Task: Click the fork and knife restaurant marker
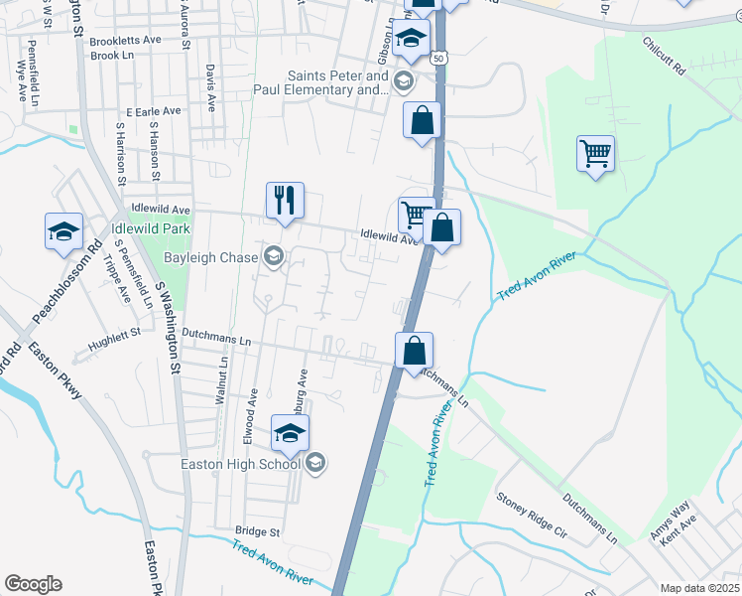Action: [x=285, y=200]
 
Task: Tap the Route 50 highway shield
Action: [x=437, y=60]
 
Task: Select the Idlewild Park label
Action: [x=151, y=227]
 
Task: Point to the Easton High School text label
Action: [x=240, y=463]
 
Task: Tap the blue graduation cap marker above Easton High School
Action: [x=290, y=433]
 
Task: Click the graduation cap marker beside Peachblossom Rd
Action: [x=64, y=231]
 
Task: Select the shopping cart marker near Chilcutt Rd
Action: [x=595, y=154]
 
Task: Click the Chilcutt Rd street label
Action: [x=664, y=59]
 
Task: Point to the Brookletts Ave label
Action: [x=125, y=40]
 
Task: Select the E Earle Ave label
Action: [x=150, y=113]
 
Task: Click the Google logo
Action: [x=33, y=584]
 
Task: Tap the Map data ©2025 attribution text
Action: [x=698, y=588]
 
